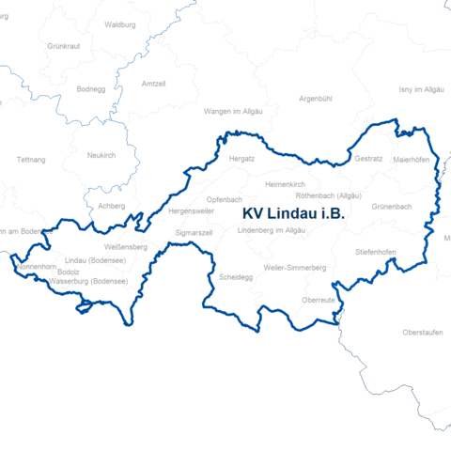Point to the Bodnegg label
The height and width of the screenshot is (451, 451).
pyautogui.click(x=92, y=90)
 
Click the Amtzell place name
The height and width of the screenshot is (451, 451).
pyautogui.click(x=152, y=84)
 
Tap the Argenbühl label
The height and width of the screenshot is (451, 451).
pyautogui.click(x=316, y=98)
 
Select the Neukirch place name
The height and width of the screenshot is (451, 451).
pyautogui.click(x=101, y=155)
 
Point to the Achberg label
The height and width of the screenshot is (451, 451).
pyautogui.click(x=111, y=206)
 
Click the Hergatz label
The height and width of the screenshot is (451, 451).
pyautogui.click(x=241, y=159)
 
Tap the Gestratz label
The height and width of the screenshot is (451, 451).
pyautogui.click(x=369, y=159)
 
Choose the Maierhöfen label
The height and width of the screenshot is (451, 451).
pyautogui.click(x=411, y=160)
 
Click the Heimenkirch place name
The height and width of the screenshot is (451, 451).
pyautogui.click(x=287, y=184)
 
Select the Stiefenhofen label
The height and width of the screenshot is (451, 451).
pyautogui.click(x=375, y=252)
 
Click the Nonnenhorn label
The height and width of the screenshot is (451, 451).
pyautogui.click(x=37, y=267)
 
